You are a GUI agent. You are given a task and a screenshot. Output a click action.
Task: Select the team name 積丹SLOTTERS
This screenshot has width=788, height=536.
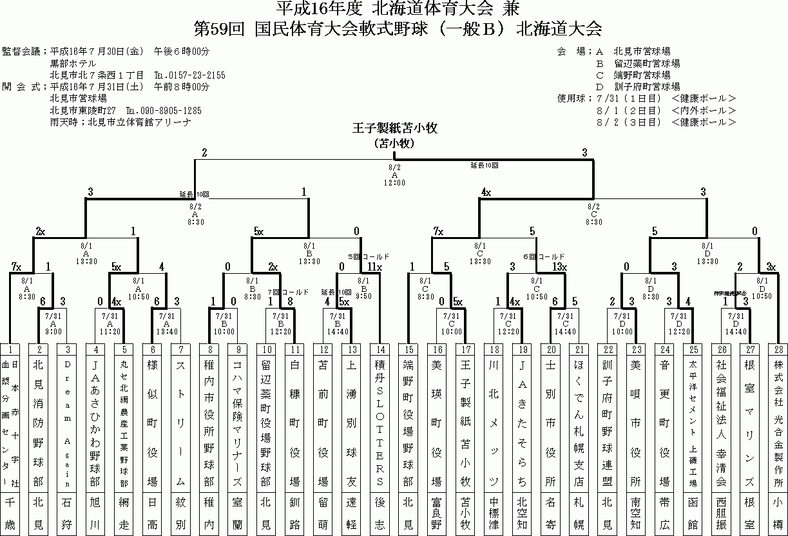pyautogui.click(x=380, y=422)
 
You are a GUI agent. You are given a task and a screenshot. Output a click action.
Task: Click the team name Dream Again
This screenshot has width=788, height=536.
pyautogui.click(x=68, y=422)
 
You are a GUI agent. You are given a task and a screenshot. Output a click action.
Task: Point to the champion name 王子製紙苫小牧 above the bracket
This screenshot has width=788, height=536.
pyautogui.click(x=395, y=128)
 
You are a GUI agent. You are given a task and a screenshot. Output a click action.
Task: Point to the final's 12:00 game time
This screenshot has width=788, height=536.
pyautogui.click(x=394, y=183)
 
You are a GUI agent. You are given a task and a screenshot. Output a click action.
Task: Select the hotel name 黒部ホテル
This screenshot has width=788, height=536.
pyautogui.click(x=73, y=64)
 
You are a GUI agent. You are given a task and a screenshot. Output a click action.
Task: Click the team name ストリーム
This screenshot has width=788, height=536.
pyautogui.click(x=181, y=422)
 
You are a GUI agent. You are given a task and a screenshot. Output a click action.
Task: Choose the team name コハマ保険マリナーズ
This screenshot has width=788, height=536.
pyautogui.click(x=238, y=422)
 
